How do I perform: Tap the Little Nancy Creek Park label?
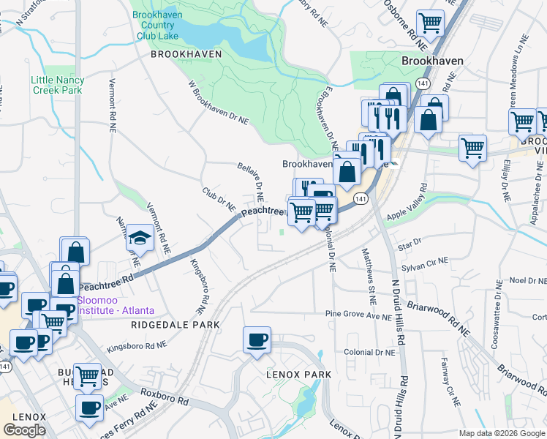point(57,85)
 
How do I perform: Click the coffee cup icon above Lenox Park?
point(257,340)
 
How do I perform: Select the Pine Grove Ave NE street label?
point(359,315)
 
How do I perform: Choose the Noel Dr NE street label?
point(528,280)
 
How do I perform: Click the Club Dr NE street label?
point(219,201)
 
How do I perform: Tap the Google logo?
point(25,429)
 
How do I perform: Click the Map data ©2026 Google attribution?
point(500,433)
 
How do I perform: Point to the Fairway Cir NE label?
point(450,381)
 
